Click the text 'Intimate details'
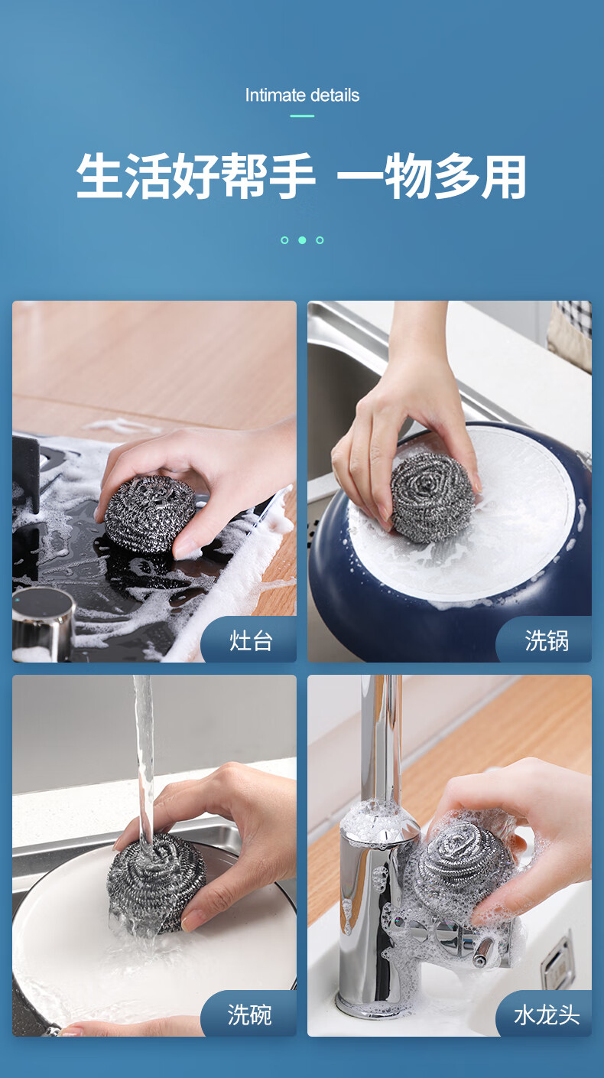coord(302,96)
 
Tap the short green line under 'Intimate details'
coord(302,116)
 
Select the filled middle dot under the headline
coord(302,240)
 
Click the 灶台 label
coord(251,641)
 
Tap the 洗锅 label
coord(547,641)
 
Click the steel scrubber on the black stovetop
coord(150,513)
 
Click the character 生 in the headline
coord(100,176)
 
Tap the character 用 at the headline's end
coord(503,176)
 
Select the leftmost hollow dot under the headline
coord(284,240)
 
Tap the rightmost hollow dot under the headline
coord(320,240)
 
